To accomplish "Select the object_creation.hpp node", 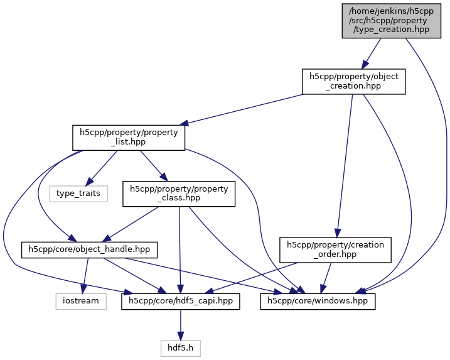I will tap(353, 82).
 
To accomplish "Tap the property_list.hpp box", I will tap(128, 137).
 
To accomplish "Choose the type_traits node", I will tap(78, 193).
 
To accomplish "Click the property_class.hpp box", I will tap(179, 194).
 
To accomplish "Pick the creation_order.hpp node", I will tap(335, 249).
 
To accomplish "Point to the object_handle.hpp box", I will tap(90, 249).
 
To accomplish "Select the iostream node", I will tap(81, 301).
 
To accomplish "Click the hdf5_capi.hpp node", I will tap(181, 301).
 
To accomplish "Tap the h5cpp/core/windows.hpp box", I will tap(318, 301).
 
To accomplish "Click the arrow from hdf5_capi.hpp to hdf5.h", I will tap(181, 324).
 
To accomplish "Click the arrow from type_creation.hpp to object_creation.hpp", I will tap(372, 53).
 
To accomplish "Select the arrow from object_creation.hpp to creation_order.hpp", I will tap(345, 163).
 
